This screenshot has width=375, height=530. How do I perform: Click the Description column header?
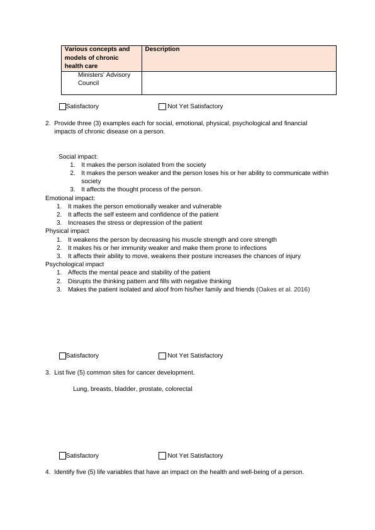pyautogui.click(x=162, y=49)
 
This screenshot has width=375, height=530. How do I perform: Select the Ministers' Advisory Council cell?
pyautogui.click(x=104, y=79)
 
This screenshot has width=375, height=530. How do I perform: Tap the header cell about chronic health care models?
pyautogui.click(x=98, y=57)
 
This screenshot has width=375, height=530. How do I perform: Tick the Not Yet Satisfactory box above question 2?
pyautogui.click(x=162, y=107)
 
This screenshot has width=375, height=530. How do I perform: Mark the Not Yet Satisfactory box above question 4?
pyautogui.click(x=162, y=456)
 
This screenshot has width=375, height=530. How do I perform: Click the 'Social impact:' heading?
pyautogui.click(x=79, y=156)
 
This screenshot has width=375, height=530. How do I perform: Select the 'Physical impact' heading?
pyautogui.click(x=67, y=231)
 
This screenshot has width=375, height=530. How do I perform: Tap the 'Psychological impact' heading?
pyautogui.click(x=74, y=264)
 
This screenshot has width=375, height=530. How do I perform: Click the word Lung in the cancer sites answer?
pyautogui.click(x=80, y=389)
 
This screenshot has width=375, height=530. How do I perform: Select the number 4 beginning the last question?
pyautogui.click(x=47, y=471)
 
